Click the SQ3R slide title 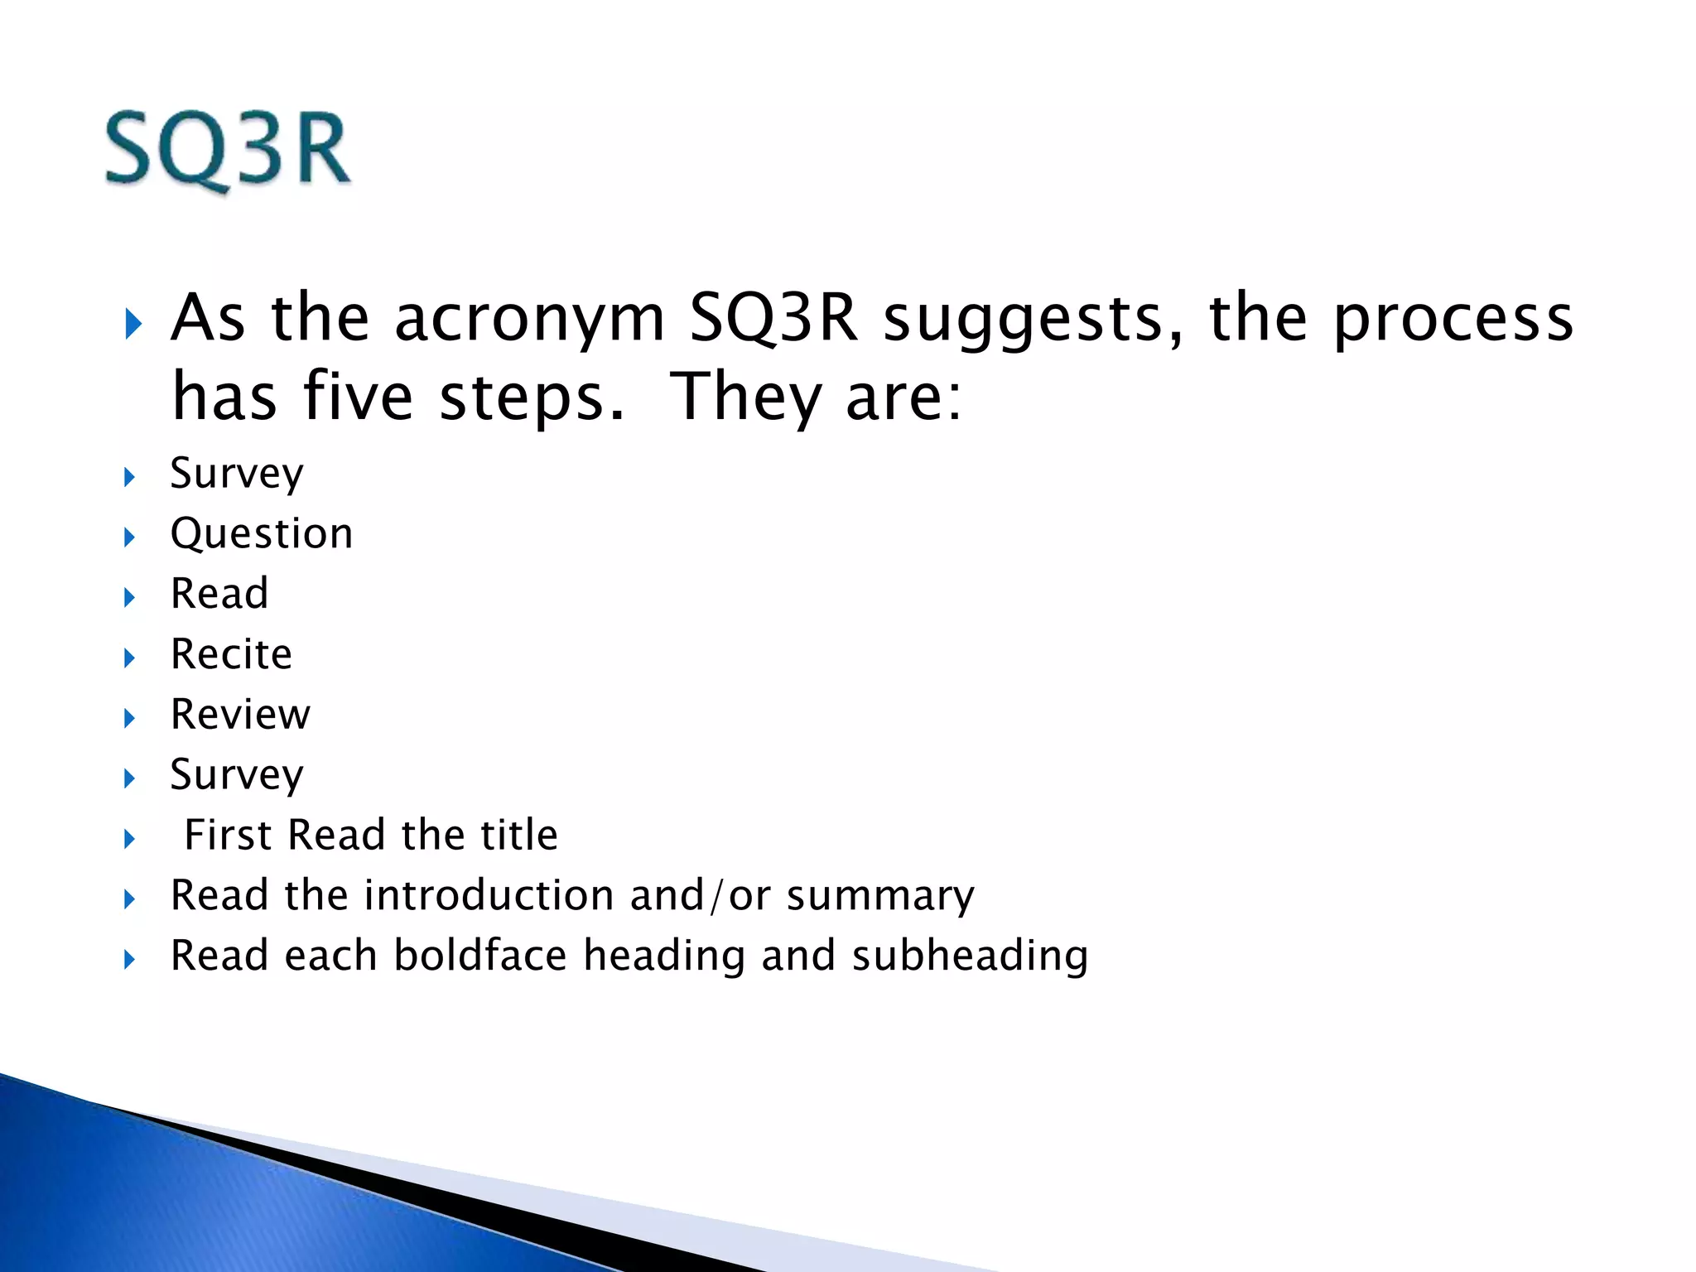pyautogui.click(x=228, y=150)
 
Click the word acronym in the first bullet pyautogui.click(x=529, y=319)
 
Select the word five pyautogui.click(x=358, y=397)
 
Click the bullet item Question pyautogui.click(x=262, y=534)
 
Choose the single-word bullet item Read pyautogui.click(x=219, y=594)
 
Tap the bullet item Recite pyautogui.click(x=231, y=654)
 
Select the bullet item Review pyautogui.click(x=240, y=715)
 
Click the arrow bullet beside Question pyautogui.click(x=129, y=537)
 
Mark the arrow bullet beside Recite pyautogui.click(x=129, y=658)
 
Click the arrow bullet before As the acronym pyautogui.click(x=132, y=324)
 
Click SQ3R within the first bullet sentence pyautogui.click(x=773, y=319)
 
